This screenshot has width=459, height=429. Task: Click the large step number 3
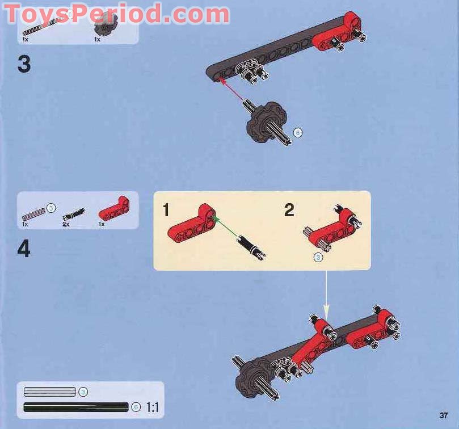pyautogui.click(x=24, y=64)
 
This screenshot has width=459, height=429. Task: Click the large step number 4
pyautogui.click(x=24, y=249)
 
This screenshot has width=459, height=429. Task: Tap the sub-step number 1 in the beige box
pyautogui.click(x=166, y=211)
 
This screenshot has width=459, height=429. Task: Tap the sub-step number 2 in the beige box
pyautogui.click(x=289, y=211)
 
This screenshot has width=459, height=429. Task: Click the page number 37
pyautogui.click(x=443, y=415)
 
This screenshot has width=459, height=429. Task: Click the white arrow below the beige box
pyautogui.click(x=326, y=295)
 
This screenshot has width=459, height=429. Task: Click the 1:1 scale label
pyautogui.click(x=153, y=407)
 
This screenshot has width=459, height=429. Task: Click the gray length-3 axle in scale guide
pyautogui.click(x=50, y=392)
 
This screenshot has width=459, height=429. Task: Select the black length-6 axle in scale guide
pyautogui.click(x=76, y=407)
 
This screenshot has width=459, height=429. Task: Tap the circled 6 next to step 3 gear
pyautogui.click(x=297, y=133)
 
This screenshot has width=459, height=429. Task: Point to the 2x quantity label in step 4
pyautogui.click(x=66, y=224)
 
